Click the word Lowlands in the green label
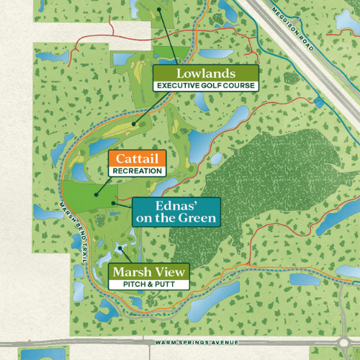click(204, 73)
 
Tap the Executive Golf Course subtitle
click(204, 86)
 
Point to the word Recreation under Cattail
click(137, 171)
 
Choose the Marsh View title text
click(149, 272)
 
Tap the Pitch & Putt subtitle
click(149, 284)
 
